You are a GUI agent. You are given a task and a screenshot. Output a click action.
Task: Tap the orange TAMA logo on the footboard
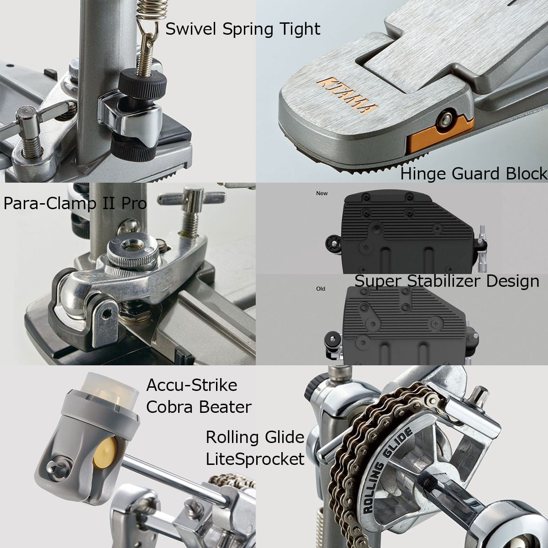pyautogui.click(x=347, y=95)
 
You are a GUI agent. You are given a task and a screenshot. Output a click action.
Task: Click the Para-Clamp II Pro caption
pyautogui.click(x=75, y=204)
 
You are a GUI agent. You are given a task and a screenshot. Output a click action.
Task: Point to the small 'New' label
pyautogui.click(x=322, y=193)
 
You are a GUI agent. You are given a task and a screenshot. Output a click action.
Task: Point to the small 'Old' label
pyautogui.click(x=321, y=289)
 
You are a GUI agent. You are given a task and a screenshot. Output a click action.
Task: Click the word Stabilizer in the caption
pyautogui.click(x=444, y=281)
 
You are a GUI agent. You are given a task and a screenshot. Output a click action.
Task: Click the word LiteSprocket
pyautogui.click(x=255, y=458)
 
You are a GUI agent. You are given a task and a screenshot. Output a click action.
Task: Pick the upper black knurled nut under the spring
pyautogui.click(x=143, y=81)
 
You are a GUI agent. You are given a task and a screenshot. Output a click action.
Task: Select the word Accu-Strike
pyautogui.click(x=192, y=385)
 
